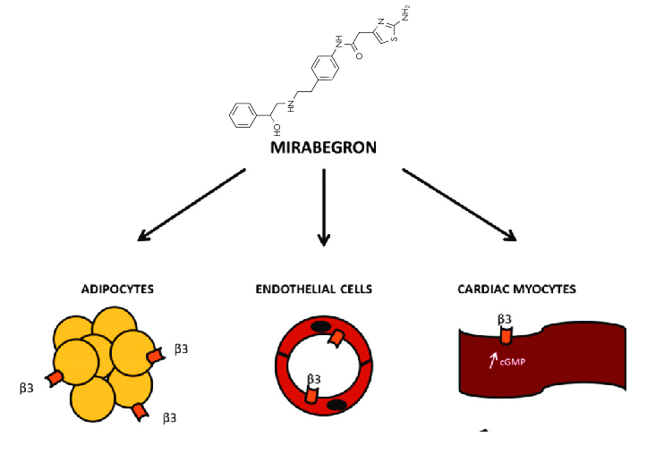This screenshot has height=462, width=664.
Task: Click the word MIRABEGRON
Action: [324, 148]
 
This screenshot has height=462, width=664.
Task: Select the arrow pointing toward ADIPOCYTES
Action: [192, 205]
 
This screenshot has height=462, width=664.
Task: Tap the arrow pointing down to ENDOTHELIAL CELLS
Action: [324, 206]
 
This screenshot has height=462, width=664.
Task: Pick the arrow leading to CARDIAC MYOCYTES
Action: [459, 205]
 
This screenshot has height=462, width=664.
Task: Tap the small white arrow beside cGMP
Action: [490, 361]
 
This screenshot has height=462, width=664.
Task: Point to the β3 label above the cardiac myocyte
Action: [506, 318]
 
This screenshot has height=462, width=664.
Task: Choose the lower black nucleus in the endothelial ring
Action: [337, 407]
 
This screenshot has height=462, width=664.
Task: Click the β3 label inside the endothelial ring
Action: [314, 380]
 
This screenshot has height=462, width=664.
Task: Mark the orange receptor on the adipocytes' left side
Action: [55, 378]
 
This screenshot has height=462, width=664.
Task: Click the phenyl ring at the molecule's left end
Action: [242, 115]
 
